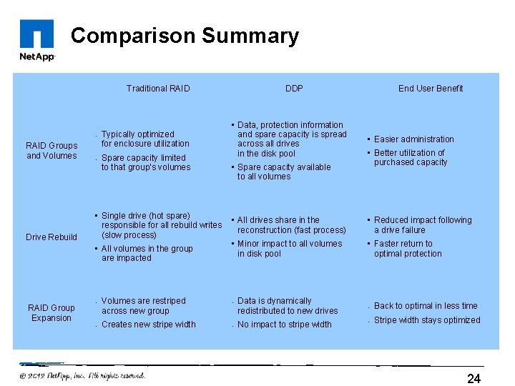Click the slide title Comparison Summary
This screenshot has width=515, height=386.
[185, 36]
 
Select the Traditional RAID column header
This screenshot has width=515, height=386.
[158, 89]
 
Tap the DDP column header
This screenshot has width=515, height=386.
[294, 89]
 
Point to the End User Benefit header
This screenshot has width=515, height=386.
[431, 89]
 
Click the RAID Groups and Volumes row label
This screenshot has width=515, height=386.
[51, 151]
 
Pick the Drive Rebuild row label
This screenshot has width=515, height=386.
[51, 237]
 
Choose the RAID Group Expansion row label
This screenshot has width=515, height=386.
[51, 313]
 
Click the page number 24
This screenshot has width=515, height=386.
[474, 378]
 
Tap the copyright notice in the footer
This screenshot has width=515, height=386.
[82, 375]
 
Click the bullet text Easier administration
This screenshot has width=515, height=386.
[413, 139]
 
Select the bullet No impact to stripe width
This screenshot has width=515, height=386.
[284, 325]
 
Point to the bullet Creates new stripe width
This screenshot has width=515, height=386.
[148, 325]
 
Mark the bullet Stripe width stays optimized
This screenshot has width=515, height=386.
[427, 320]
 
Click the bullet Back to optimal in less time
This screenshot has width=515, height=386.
[426, 306]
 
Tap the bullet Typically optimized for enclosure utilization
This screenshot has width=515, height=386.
[145, 139]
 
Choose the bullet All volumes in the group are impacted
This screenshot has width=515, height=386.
[147, 254]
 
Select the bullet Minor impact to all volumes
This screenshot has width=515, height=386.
[289, 249]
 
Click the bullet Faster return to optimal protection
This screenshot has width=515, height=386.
[408, 249]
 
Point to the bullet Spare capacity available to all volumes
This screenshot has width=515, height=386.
[283, 172]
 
